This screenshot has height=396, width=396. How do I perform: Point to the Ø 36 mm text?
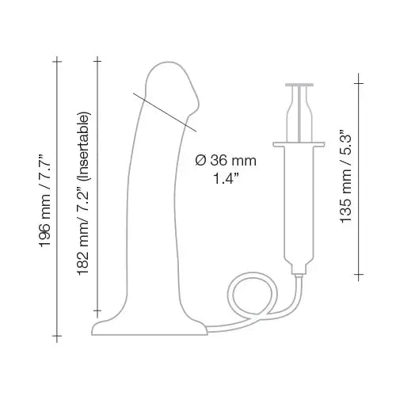(230, 160)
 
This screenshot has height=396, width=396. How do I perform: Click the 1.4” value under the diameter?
(228, 178)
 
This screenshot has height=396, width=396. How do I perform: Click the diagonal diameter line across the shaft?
(162, 109)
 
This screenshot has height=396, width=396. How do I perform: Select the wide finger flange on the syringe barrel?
(302, 143)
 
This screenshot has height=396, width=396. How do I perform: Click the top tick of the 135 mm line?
(361, 80)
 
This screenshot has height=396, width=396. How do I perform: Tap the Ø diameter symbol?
(200, 160)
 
